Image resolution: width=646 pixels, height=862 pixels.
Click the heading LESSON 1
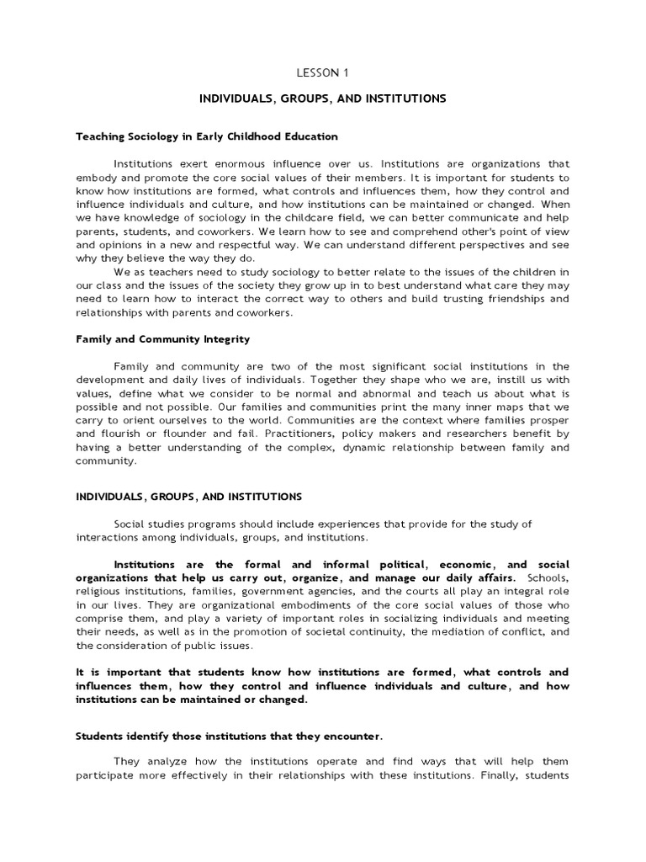[322, 72]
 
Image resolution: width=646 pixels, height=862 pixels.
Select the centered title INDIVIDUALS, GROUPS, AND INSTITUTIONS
[322, 98]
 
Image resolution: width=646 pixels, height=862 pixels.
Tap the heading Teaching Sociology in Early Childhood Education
[207, 136]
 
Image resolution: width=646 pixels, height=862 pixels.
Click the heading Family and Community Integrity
[163, 339]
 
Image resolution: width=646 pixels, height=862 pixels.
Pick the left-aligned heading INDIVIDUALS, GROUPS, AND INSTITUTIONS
[189, 497]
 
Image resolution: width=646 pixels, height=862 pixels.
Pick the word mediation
[458, 631]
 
